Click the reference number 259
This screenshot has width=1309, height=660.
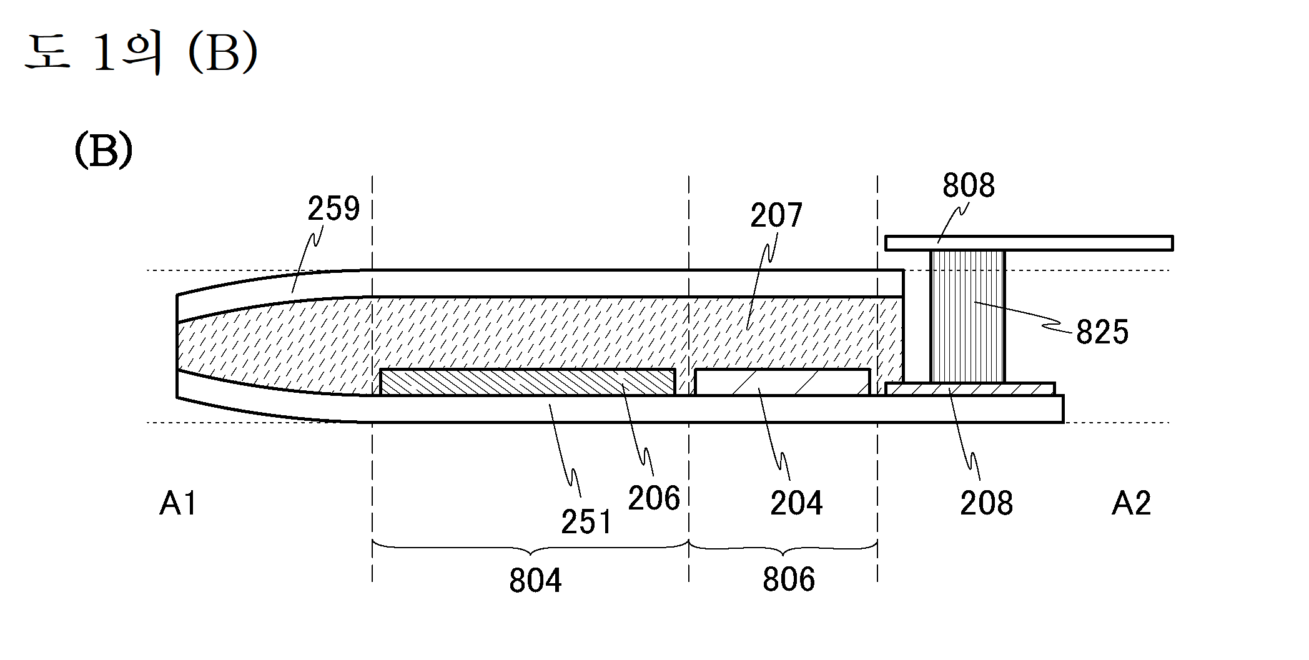pyautogui.click(x=333, y=209)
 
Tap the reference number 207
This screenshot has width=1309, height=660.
pyautogui.click(x=776, y=215)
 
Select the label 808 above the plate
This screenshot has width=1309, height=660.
pyautogui.click(x=968, y=185)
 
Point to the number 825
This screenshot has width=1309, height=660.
pyautogui.click(x=1102, y=332)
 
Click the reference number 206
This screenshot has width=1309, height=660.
pyautogui.click(x=653, y=499)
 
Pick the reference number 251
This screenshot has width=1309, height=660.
pyautogui.click(x=586, y=522)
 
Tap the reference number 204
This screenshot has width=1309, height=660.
pyautogui.click(x=796, y=503)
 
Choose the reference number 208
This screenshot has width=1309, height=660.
pyautogui.click(x=985, y=503)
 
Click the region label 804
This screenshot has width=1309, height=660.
pyautogui.click(x=535, y=581)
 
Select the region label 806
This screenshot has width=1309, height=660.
pyautogui.click(x=788, y=579)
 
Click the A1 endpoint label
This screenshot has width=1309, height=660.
pyautogui.click(x=178, y=503)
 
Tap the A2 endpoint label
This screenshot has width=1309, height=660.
pyautogui.click(x=1130, y=503)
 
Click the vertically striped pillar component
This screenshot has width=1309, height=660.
pyautogui.click(x=967, y=316)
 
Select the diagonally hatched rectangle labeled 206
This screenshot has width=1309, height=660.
pyautogui.click(x=527, y=382)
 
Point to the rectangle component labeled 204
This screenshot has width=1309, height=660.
pyautogui.click(x=782, y=382)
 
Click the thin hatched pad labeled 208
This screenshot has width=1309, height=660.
pyautogui.click(x=969, y=389)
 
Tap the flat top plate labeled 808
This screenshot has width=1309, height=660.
pyautogui.click(x=1028, y=243)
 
